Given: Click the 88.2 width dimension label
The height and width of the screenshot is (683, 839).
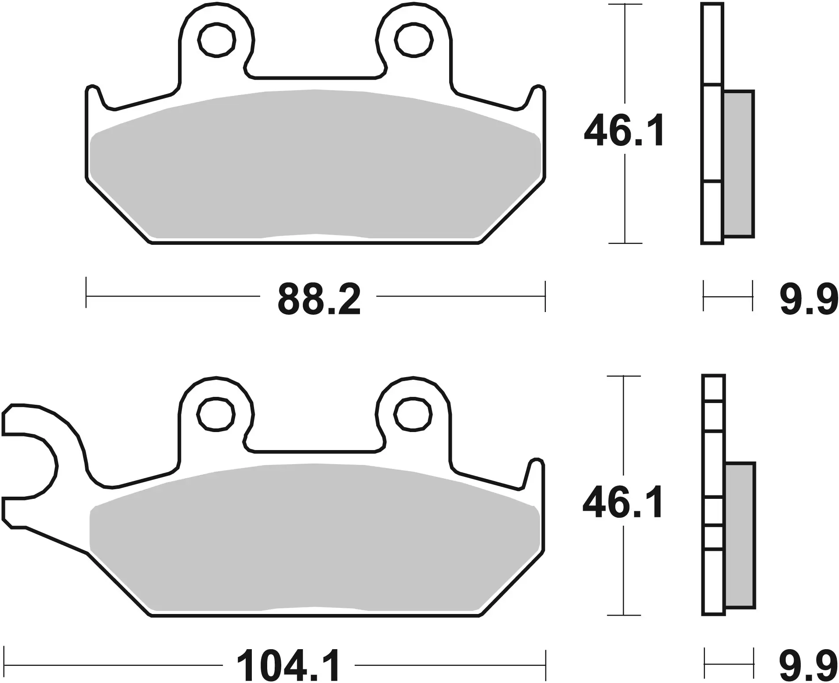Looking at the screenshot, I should [319, 299].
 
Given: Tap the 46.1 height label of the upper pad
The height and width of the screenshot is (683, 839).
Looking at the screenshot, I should [624, 131].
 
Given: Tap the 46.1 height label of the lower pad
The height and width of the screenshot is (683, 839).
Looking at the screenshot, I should [623, 503].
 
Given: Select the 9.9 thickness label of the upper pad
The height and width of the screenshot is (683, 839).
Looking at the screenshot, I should [809, 299].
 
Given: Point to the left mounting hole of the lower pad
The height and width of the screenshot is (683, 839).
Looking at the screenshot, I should [216, 414].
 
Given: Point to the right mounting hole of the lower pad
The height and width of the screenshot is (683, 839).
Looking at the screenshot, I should [413, 414].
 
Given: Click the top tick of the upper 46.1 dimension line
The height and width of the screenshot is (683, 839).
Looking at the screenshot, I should [625, 4].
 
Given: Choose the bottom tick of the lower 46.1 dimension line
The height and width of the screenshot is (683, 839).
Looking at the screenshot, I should [623, 615].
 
